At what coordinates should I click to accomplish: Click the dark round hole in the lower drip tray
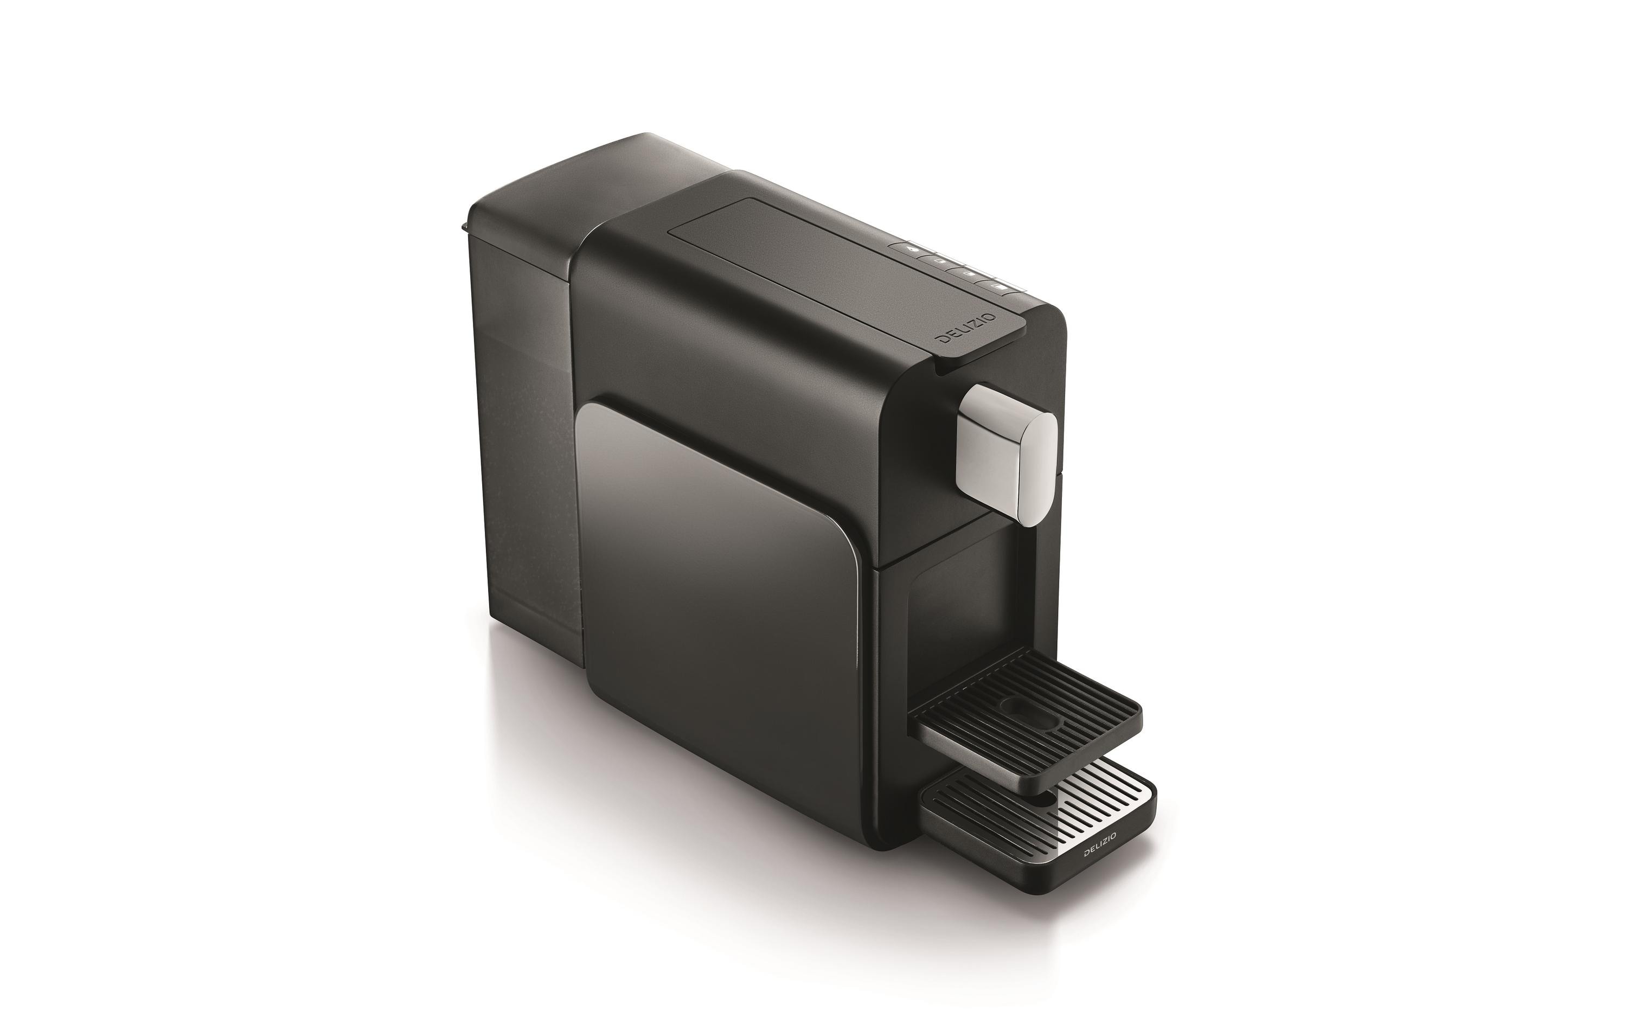pos(1043,799)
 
